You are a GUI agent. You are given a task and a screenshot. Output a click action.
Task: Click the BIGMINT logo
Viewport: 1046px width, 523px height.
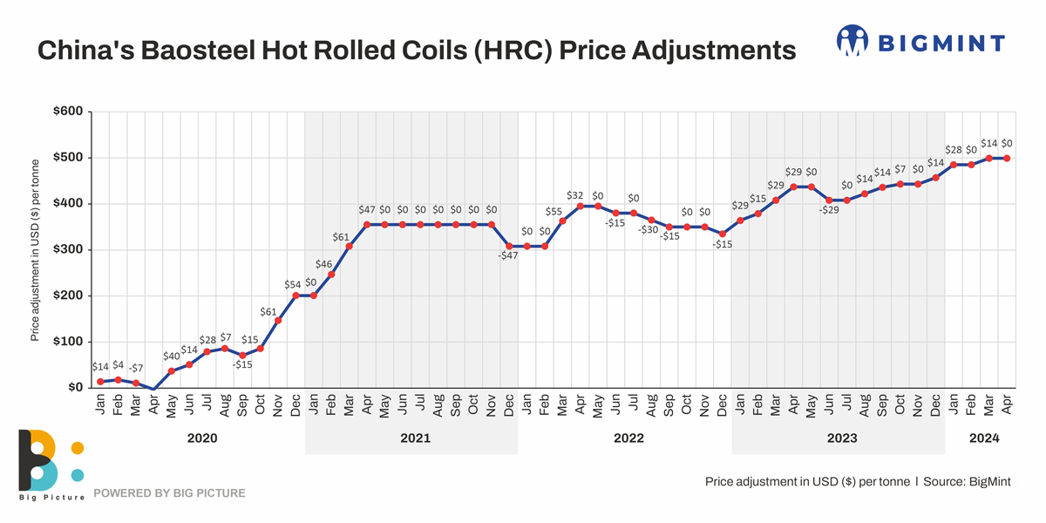click(x=920, y=42)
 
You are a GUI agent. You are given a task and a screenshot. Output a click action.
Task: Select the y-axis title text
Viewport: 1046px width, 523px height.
click(x=36, y=250)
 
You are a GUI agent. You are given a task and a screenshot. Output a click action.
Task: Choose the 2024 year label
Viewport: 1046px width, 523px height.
click(x=983, y=438)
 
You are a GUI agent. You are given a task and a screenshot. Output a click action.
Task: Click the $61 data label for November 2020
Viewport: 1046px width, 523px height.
click(x=269, y=311)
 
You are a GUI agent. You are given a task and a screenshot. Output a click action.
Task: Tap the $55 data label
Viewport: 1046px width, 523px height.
click(x=554, y=212)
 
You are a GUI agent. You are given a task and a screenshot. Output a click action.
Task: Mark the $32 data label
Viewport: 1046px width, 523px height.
click(x=575, y=196)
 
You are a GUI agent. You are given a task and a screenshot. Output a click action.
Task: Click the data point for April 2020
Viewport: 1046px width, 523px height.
click(x=154, y=389)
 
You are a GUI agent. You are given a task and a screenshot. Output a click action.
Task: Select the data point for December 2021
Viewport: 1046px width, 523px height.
click(x=509, y=247)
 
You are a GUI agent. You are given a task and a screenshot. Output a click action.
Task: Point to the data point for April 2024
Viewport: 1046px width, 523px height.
click(x=1007, y=158)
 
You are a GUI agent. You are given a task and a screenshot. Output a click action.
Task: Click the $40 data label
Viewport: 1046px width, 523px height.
click(x=172, y=356)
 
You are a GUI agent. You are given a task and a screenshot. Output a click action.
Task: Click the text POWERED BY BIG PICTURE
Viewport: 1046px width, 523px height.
click(x=169, y=493)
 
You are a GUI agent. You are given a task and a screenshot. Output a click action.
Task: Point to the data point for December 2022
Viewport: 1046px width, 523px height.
click(x=723, y=234)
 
